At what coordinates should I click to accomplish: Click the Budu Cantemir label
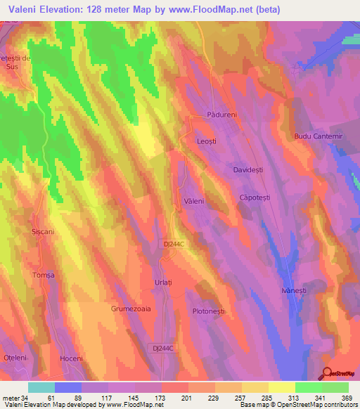tap(316, 135)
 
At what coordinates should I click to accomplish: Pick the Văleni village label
tap(193, 201)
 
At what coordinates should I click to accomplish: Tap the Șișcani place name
tap(43, 231)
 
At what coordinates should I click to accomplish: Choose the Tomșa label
tap(43, 275)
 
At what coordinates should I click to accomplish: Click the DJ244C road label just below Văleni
tap(172, 244)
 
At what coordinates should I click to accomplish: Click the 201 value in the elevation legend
tap(186, 397)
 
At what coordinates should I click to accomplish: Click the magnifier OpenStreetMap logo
tap(328, 374)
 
